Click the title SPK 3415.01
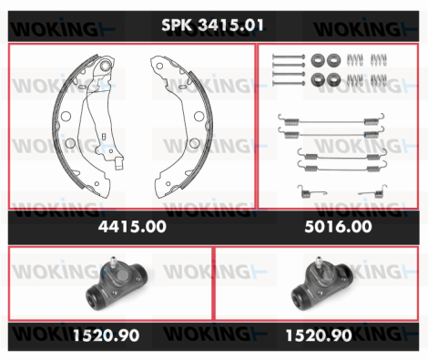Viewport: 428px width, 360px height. pos(212,25)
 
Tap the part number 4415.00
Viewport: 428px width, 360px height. pos(132,227)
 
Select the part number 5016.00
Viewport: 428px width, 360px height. pos(338,227)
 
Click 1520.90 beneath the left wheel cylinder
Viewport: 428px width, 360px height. pos(107,335)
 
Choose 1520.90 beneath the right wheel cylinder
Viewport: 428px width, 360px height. pos(319,335)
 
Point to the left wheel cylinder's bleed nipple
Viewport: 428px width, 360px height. pos(114,262)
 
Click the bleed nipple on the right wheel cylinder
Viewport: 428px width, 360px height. pos(319,262)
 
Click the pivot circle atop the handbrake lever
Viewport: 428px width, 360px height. pos(106,65)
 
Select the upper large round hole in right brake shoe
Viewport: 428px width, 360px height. pos(199,116)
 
